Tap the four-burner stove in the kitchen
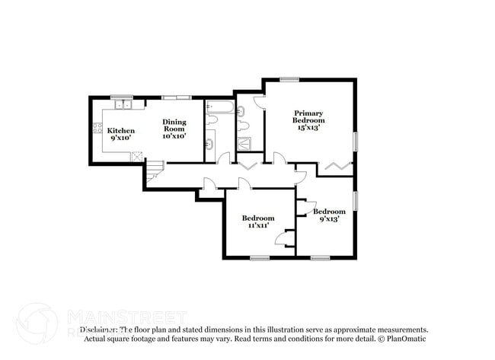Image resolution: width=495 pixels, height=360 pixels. pyautogui.click(x=98, y=129)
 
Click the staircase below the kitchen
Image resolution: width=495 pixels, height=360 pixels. pyautogui.click(x=155, y=170)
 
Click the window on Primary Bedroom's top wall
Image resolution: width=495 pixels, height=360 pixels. pyautogui.click(x=288, y=79)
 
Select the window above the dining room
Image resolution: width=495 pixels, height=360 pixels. pyautogui.click(x=177, y=97)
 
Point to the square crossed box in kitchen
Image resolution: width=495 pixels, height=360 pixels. pyautogui.click(x=138, y=155)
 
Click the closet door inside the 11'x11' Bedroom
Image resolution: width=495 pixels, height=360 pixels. pyautogui.click(x=285, y=239)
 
